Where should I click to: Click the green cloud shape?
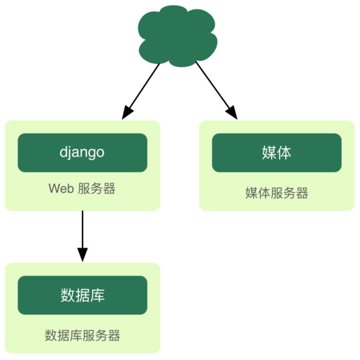[x=177, y=36]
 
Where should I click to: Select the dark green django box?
[x=82, y=152]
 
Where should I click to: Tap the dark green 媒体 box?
[x=276, y=152]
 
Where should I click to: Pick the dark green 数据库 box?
[x=82, y=295]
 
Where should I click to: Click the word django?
[x=82, y=152]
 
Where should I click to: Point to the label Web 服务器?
[x=82, y=189]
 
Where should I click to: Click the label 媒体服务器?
[x=276, y=193]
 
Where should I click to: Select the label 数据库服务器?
[x=82, y=336]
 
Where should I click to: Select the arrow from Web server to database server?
[x=83, y=231]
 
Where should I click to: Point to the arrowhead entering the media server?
[x=233, y=113]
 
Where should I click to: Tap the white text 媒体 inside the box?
[x=276, y=152]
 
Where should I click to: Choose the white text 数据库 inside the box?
[x=82, y=295]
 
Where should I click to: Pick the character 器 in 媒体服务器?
[x=302, y=193]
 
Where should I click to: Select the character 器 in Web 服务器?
[x=109, y=189]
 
